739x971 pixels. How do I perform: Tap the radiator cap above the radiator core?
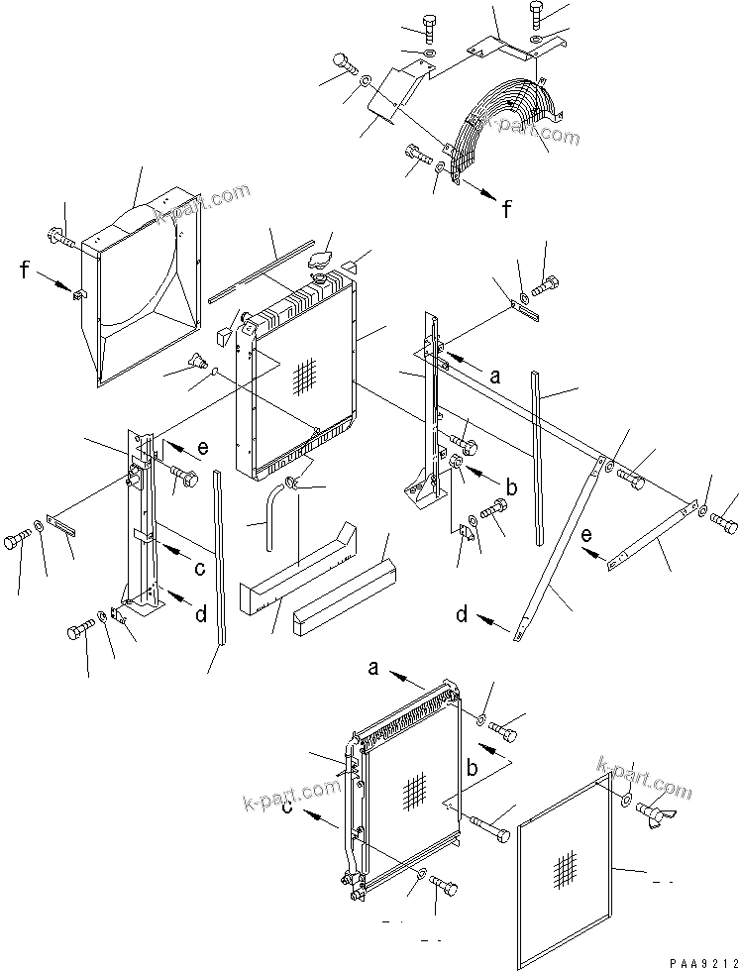click(322, 261)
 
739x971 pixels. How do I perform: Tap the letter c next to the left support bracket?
click(199, 568)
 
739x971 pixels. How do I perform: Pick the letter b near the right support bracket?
click(511, 487)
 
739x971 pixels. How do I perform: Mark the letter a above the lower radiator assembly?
click(373, 671)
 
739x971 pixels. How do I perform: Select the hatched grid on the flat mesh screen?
click(564, 869)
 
